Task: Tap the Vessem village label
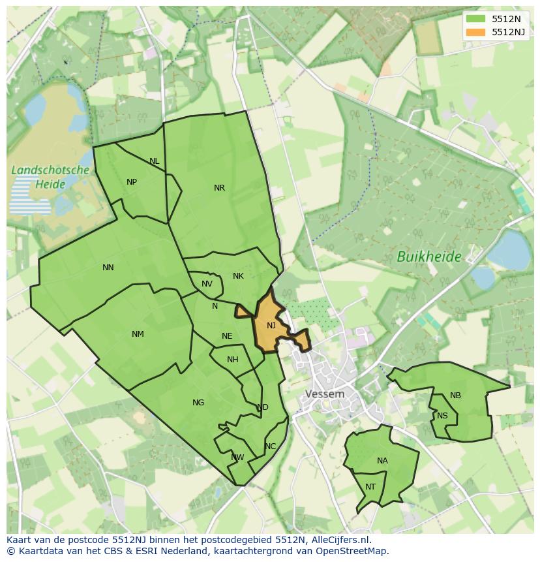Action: pyautogui.click(x=325, y=394)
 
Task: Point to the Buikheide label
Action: pyautogui.click(x=429, y=257)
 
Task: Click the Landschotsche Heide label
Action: pyautogui.click(x=50, y=177)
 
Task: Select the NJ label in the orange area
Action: pyautogui.click(x=271, y=325)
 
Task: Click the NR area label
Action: pyautogui.click(x=219, y=188)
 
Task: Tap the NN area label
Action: pyautogui.click(x=108, y=267)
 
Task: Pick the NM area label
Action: pyautogui.click(x=138, y=334)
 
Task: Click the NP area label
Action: pyautogui.click(x=132, y=182)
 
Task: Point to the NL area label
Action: pyautogui.click(x=154, y=161)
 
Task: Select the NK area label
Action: pyautogui.click(x=238, y=276)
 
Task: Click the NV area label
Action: pyautogui.click(x=207, y=284)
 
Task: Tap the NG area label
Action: pyautogui.click(x=198, y=403)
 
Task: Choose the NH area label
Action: pyautogui.click(x=233, y=360)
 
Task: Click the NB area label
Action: pyautogui.click(x=455, y=396)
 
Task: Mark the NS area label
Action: pyautogui.click(x=442, y=416)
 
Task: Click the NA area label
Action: pyautogui.click(x=382, y=461)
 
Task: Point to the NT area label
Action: pyautogui.click(x=370, y=487)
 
